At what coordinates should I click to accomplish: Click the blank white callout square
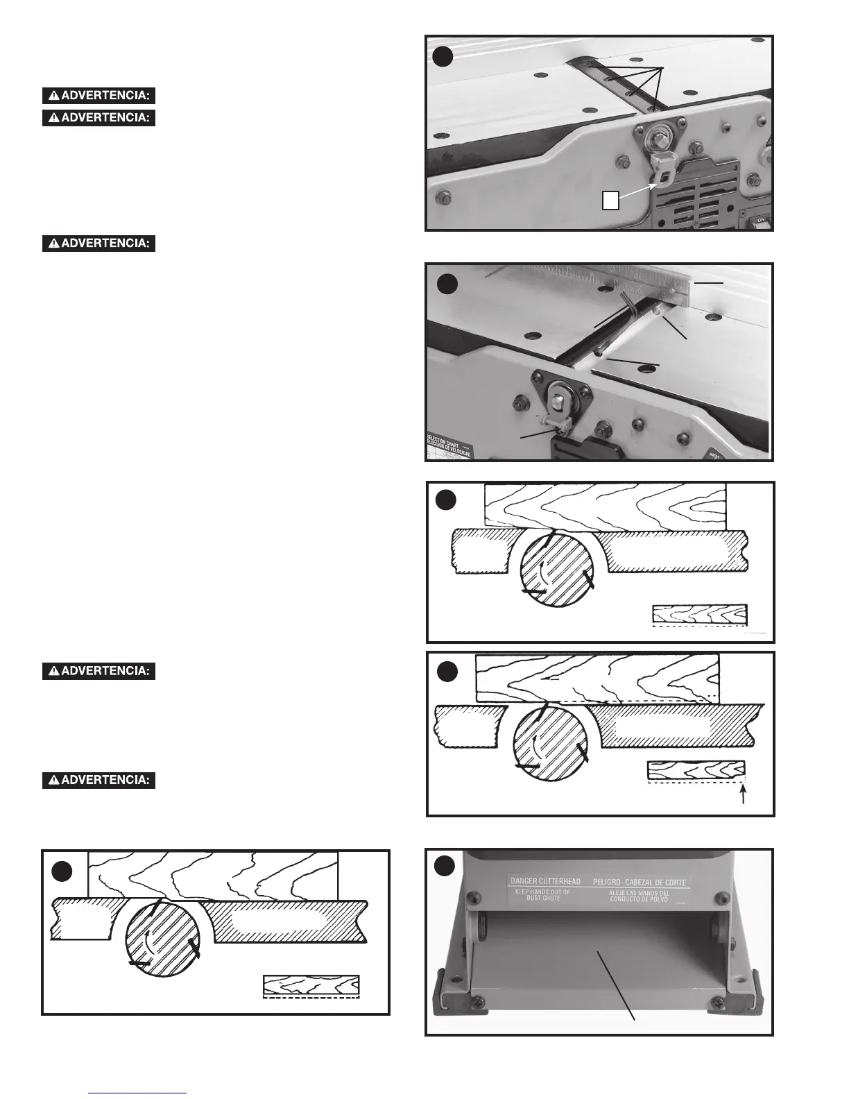point(610,200)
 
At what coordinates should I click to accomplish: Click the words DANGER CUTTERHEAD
point(545,881)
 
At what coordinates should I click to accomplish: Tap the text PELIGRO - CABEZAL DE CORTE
point(640,882)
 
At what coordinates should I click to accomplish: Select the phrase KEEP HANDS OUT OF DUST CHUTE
point(542,895)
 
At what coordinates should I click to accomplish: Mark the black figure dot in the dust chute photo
point(445,865)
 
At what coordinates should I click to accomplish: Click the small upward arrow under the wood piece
point(744,795)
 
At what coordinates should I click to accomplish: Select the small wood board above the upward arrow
point(696,769)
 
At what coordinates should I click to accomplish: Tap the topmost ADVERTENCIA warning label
point(98,96)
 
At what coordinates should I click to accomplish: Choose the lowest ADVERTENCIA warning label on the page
point(98,780)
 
